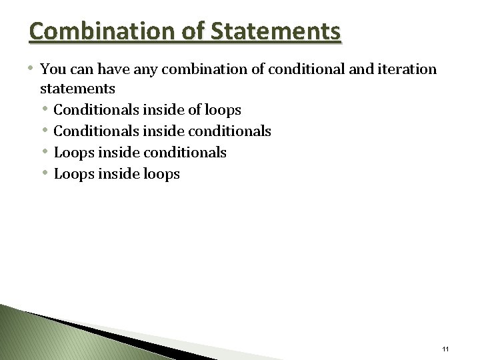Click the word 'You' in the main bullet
point(52,69)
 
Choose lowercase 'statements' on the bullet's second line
point(77,88)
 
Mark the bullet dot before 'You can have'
point(33,68)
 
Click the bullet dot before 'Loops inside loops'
point(46,173)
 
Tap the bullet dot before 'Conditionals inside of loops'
point(46,109)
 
